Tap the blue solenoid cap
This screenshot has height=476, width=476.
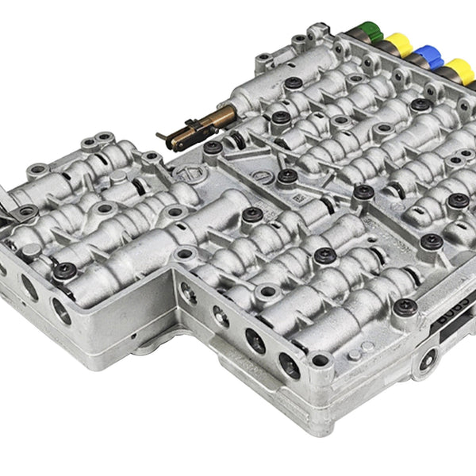click(x=429, y=56)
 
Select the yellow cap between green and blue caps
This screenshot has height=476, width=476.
click(x=397, y=44)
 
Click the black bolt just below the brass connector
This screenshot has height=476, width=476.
click(x=212, y=148)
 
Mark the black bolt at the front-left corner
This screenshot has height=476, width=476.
click(x=64, y=270)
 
